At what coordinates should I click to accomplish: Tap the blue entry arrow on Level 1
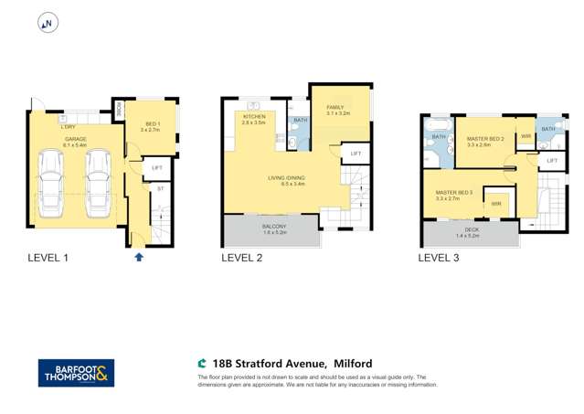[x=138, y=258]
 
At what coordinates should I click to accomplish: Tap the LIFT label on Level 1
[x=156, y=167]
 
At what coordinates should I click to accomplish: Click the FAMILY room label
[x=336, y=109]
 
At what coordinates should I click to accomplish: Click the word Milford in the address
[x=351, y=363]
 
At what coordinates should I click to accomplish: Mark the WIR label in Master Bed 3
[x=495, y=203]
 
